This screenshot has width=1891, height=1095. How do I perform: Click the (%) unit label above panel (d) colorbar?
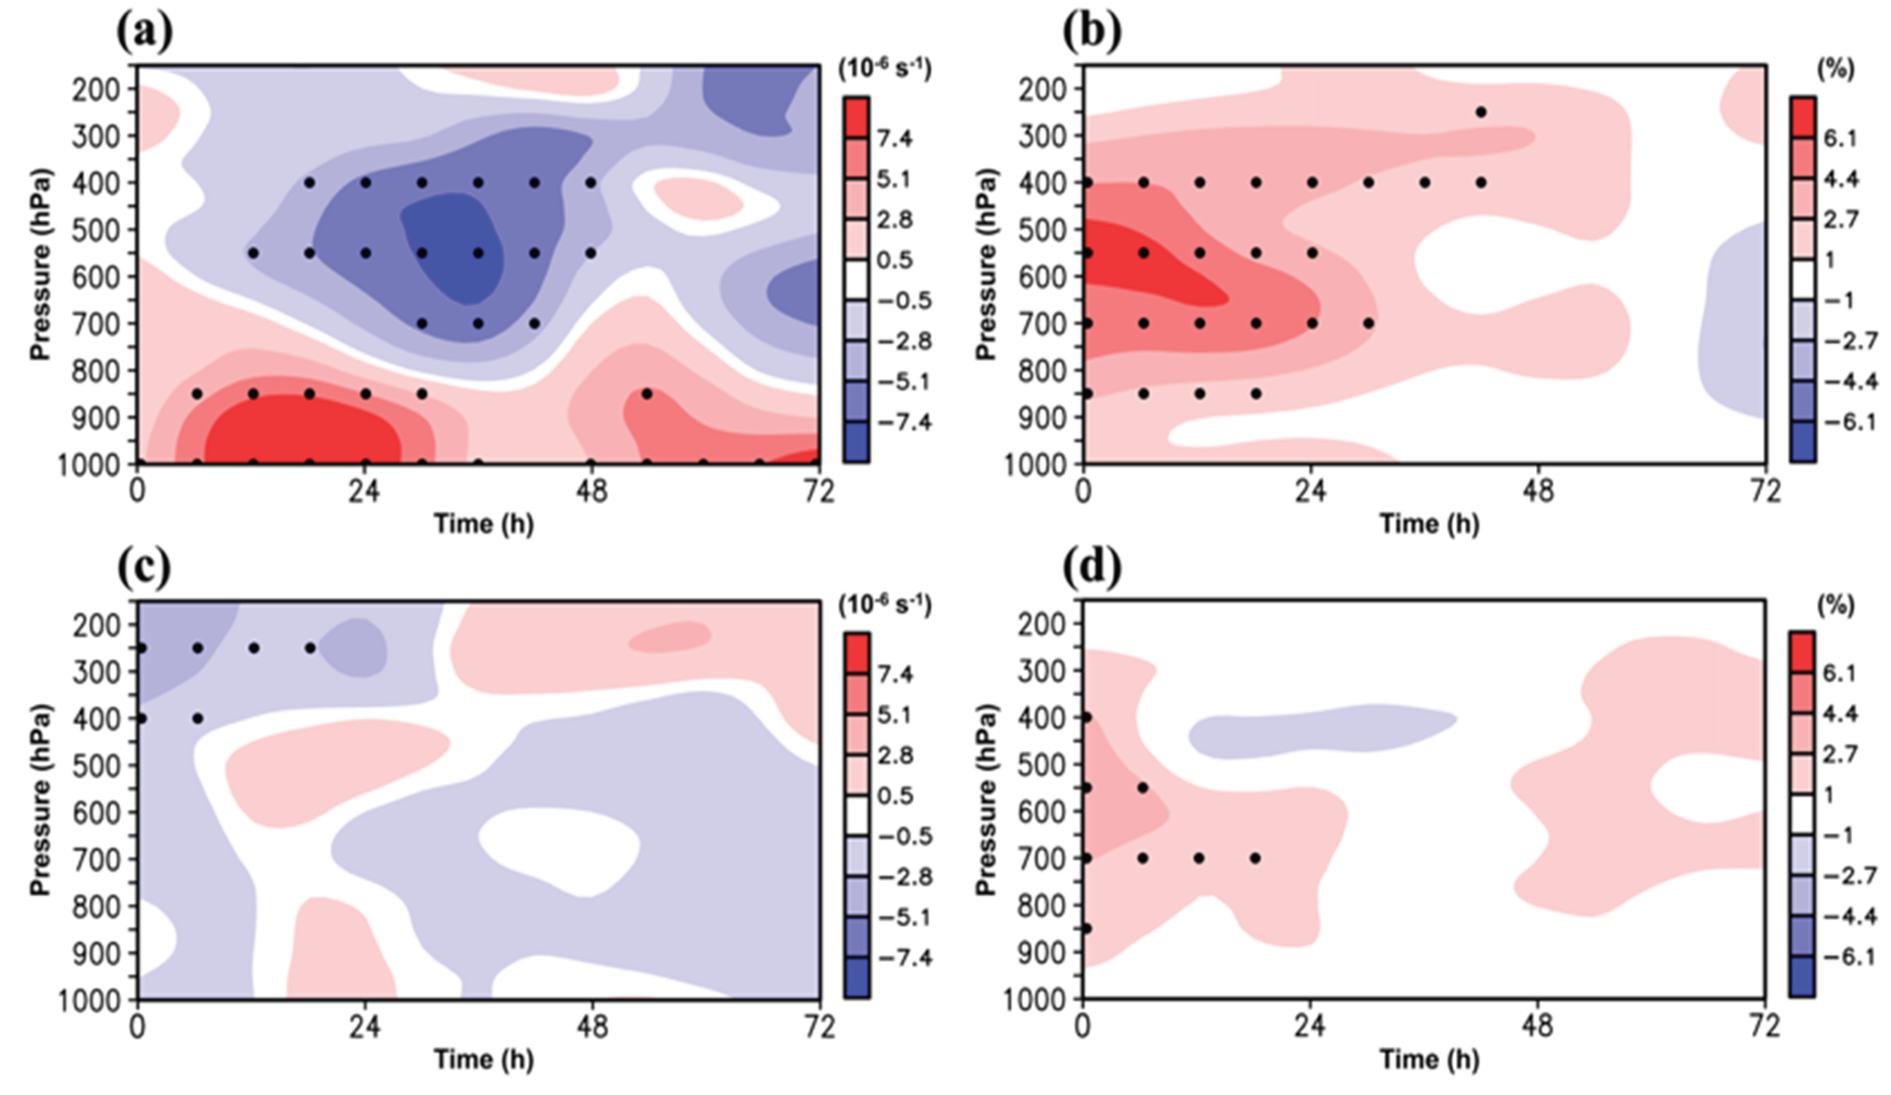pos(1838,604)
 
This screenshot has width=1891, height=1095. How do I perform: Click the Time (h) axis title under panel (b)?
pos(1430,524)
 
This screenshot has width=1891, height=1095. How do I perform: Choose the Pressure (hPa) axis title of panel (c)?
pos(41,799)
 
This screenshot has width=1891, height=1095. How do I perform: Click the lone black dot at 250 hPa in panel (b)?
pos(1481,112)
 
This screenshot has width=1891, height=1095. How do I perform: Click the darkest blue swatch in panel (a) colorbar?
pos(856,442)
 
